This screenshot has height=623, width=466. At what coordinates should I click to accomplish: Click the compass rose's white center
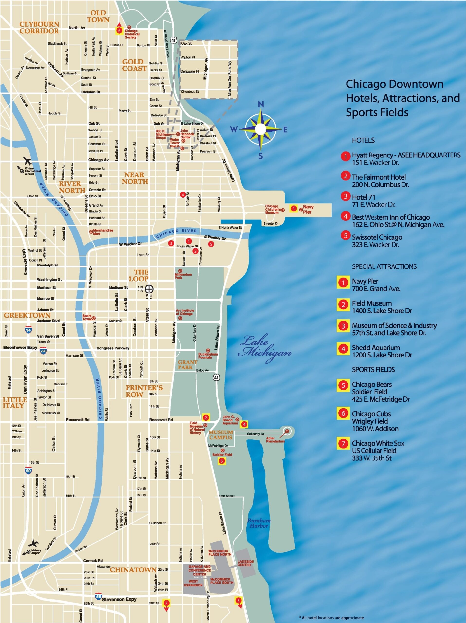click(x=261, y=129)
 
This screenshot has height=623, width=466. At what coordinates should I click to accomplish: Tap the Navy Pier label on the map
click(x=308, y=209)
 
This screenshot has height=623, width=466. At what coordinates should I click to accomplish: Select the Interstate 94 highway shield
click(x=28, y=330)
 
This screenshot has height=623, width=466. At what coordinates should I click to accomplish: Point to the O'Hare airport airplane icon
click(x=27, y=161)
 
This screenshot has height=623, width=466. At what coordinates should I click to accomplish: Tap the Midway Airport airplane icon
click(x=34, y=543)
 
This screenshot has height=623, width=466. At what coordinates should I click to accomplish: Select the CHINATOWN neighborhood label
click(x=133, y=570)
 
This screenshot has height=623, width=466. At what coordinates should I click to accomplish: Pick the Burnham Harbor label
click(x=259, y=523)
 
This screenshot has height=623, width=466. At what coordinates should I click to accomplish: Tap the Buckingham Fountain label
click(x=208, y=356)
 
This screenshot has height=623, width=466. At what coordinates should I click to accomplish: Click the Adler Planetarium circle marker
click(x=287, y=431)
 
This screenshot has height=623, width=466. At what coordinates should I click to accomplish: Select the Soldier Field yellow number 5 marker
click(x=222, y=461)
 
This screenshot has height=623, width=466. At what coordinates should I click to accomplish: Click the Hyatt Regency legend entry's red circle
click(x=345, y=156)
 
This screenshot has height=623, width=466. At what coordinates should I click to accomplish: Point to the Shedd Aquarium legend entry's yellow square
click(x=343, y=349)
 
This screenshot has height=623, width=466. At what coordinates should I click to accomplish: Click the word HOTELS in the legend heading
click(x=363, y=140)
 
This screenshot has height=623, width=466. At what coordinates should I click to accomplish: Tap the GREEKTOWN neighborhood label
click(x=27, y=315)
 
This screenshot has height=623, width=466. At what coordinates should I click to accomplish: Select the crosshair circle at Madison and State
click(x=149, y=289)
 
